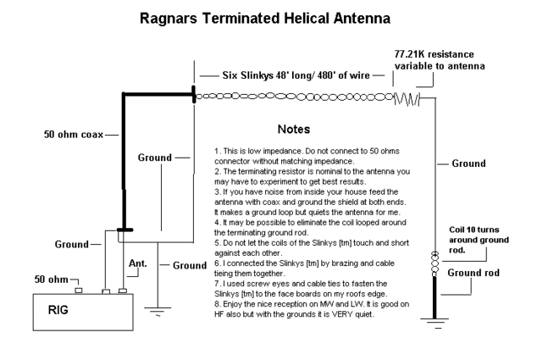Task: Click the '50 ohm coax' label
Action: pyautogui.click(x=76, y=133)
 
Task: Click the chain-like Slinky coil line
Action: pyautogui.click(x=294, y=97)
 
